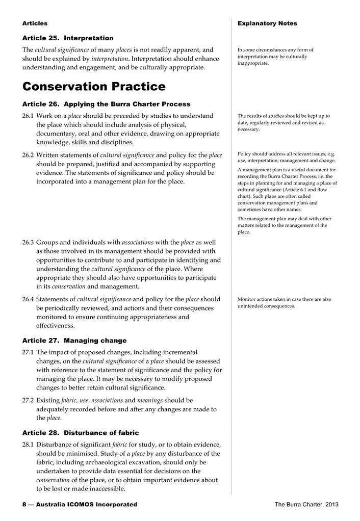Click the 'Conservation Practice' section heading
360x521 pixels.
pyautogui.click(x=94, y=86)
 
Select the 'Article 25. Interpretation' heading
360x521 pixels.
pyautogui.click(x=68, y=38)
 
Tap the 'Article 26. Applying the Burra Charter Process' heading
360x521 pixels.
pyautogui.click(x=106, y=104)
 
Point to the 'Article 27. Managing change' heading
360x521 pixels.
pyautogui.click(x=74, y=341)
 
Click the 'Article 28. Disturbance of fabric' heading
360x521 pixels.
pyautogui.click(x=81, y=433)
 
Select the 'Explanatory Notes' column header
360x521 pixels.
pyautogui.click(x=267, y=23)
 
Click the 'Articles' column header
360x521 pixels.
pyautogui.click(x=35, y=23)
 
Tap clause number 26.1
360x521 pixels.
pyautogui.click(x=28, y=116)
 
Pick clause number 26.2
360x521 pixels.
pyautogui.click(x=28, y=155)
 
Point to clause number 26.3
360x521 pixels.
pyautogui.click(x=28, y=242)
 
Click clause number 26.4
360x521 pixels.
pyautogui.click(x=28, y=299)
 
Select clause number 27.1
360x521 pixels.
pyautogui.click(x=28, y=352)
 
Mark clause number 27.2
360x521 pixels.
pyautogui.click(x=28, y=400)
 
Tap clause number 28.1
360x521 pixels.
pyautogui.click(x=28, y=445)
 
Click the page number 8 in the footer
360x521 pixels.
pyautogui.click(x=24, y=504)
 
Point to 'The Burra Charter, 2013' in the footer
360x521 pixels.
pyautogui.click(x=306, y=504)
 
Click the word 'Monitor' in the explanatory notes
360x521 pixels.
pyautogui.click(x=248, y=299)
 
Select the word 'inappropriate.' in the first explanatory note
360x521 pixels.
pyautogui.click(x=253, y=63)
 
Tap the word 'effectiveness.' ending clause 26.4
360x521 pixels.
pyautogui.click(x=56, y=326)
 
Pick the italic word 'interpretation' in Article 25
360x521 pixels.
pyautogui.click(x=109, y=59)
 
